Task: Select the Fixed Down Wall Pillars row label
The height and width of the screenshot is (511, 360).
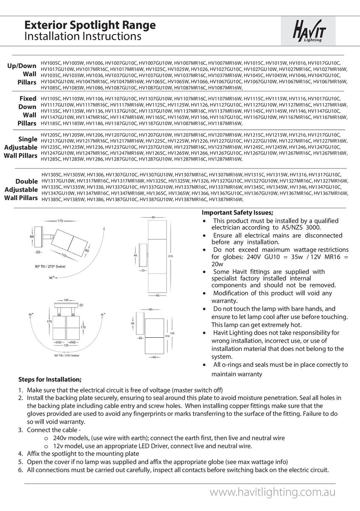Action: click(x=26, y=111)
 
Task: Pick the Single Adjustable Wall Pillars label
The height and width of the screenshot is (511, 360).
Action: click(x=21, y=147)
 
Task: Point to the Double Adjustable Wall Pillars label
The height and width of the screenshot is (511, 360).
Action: click(x=21, y=190)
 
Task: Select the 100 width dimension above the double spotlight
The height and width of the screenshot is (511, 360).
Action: click(x=66, y=300)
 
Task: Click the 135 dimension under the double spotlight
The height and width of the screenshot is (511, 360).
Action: click(x=66, y=346)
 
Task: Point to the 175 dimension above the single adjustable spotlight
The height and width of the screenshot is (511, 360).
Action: click(x=60, y=221)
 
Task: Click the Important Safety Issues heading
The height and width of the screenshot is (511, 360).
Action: click(x=237, y=212)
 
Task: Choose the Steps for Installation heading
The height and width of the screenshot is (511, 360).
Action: click(x=50, y=379)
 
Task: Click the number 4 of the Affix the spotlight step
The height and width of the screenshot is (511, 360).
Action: click(x=20, y=454)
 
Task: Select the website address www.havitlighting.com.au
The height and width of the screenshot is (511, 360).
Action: click(x=273, y=492)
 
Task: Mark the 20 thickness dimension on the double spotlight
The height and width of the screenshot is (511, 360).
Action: click(x=81, y=305)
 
